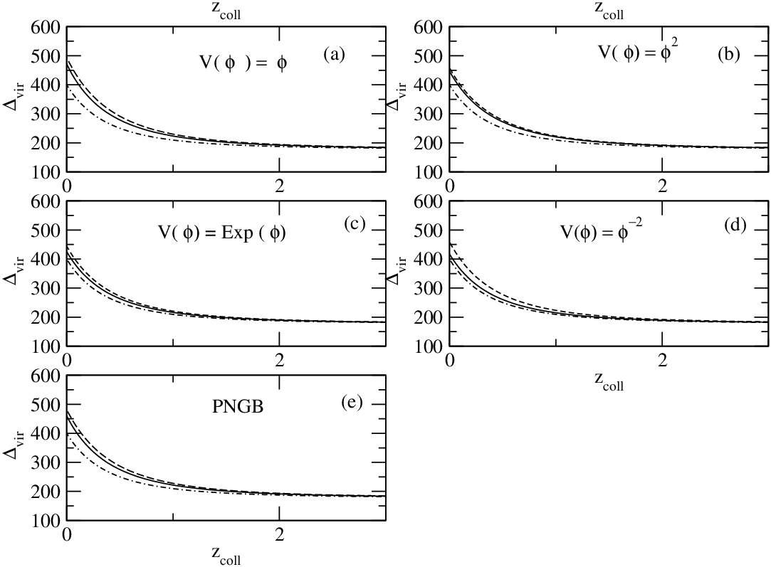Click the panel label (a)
pos(334,54)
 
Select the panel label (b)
pos(728,54)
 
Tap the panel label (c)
pos(355,223)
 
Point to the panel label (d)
pos(735,225)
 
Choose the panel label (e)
pos(352,402)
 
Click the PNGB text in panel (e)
pos(238,407)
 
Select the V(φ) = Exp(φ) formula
pos(222,233)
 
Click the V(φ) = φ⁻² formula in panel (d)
pos(602,231)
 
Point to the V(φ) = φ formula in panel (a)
pos(243,63)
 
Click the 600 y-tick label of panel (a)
pos(46,27)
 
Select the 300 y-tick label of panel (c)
pos(46,288)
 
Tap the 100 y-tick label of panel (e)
pos(46,521)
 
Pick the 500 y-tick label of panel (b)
pos(429,56)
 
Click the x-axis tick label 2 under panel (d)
pos(663,361)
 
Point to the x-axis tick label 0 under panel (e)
pos(67,534)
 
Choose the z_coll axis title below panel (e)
pos(226,555)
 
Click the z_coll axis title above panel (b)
pos(609,10)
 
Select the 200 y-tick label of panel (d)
pos(429,317)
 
